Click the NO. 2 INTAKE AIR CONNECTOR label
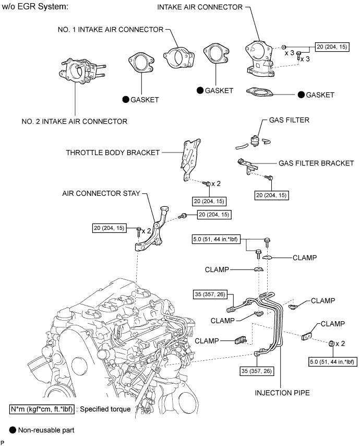tap(75, 122)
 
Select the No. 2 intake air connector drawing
tap(82, 71)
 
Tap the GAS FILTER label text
tap(289, 120)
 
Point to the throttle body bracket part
tap(190, 160)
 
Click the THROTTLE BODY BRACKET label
tap(113, 152)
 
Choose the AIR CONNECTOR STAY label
tap(101, 193)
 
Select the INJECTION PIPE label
tap(282, 393)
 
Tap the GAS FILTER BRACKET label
tap(316, 163)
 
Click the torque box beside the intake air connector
tap(332, 47)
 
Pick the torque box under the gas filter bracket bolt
tap(271, 195)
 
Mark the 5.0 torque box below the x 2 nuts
tap(332, 362)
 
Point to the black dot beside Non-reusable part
tap(13, 430)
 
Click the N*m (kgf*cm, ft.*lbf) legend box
tap(42, 409)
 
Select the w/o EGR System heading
tap(35, 7)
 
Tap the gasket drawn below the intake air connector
tap(259, 92)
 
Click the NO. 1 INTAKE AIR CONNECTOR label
tap(111, 30)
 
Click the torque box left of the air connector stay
tap(110, 228)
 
